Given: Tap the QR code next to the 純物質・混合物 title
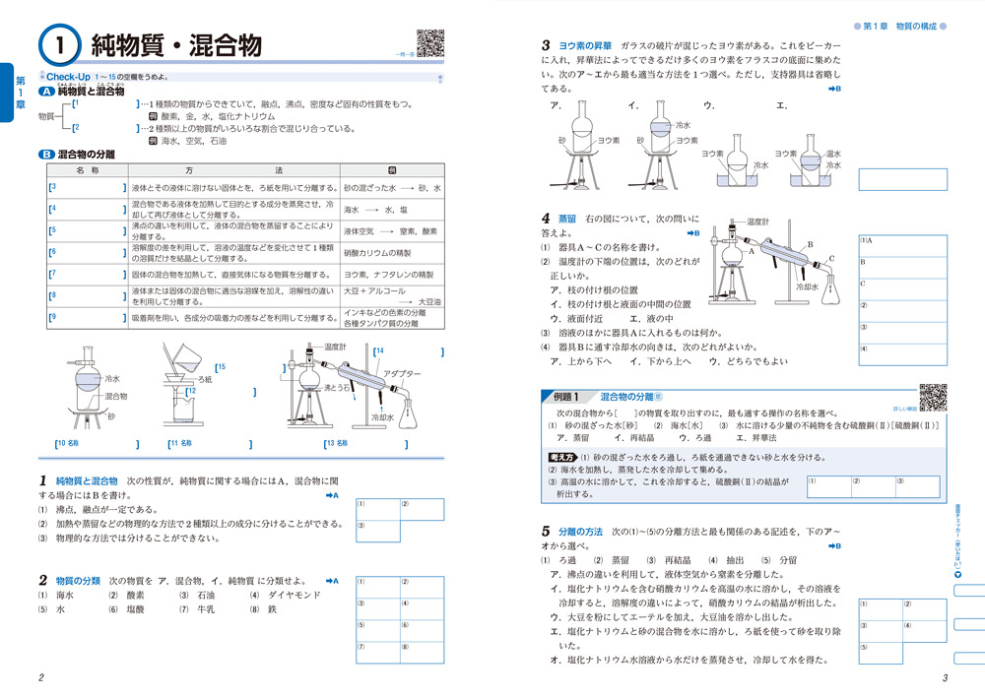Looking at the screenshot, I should (429, 43).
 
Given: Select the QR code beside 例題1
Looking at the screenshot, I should (931, 396).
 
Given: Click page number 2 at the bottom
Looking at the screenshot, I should (39, 677).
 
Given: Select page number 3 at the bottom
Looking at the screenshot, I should (945, 677).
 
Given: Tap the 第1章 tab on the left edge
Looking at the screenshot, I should (16, 93).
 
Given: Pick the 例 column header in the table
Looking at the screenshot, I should (392, 170).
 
